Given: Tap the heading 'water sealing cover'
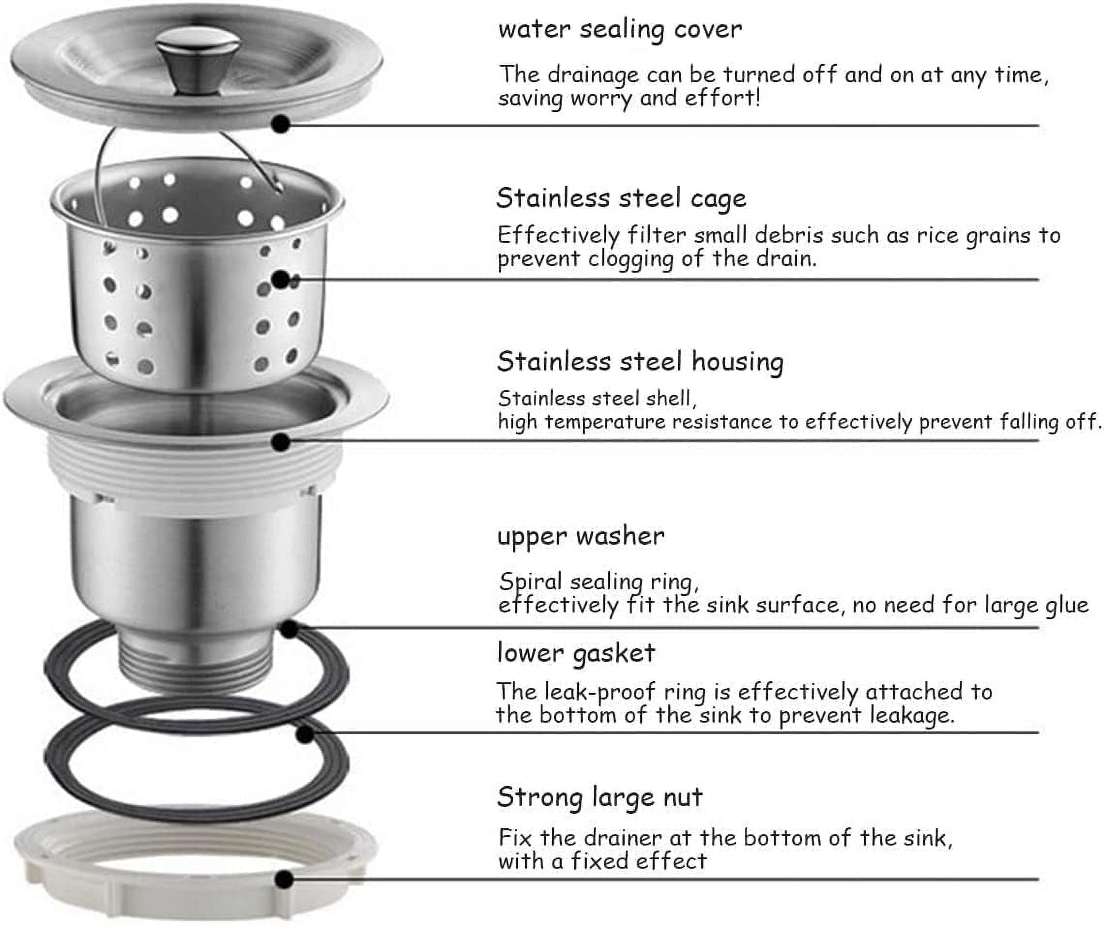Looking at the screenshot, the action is (x=620, y=30).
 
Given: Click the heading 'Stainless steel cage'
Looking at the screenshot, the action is (x=621, y=199).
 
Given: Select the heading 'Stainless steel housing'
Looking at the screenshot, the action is (x=640, y=362).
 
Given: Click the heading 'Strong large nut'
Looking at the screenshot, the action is (x=600, y=797).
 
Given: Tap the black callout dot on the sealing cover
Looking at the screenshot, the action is (x=281, y=124).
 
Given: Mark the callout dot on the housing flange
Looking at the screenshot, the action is (x=281, y=442).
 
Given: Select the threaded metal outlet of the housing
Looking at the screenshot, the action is (x=196, y=664).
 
